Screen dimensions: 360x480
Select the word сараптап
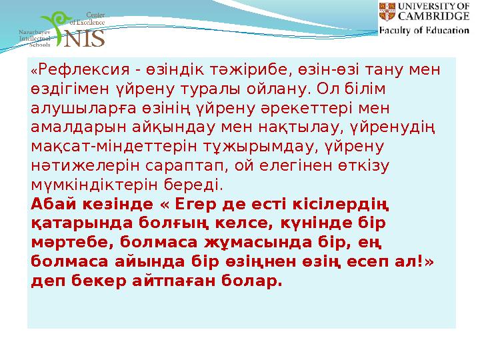point(177,163)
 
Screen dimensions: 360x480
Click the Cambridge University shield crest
point(387,11)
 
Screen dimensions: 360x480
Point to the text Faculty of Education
point(424,30)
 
